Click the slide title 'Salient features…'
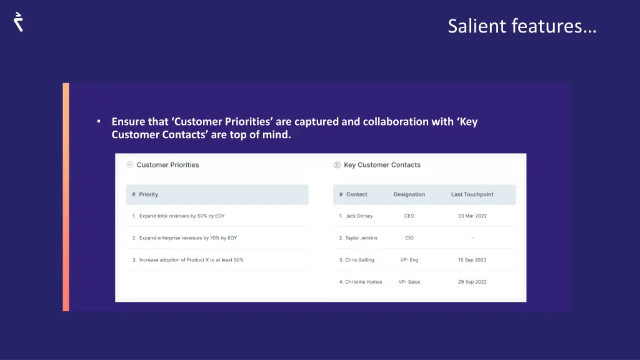(x=522, y=26)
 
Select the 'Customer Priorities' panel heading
(x=167, y=165)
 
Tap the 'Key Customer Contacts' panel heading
(x=382, y=165)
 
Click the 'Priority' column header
(x=148, y=194)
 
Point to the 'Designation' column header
(x=409, y=194)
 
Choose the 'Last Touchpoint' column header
(x=472, y=194)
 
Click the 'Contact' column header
(x=356, y=194)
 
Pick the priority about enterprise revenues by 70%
(x=187, y=238)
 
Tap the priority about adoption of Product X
(x=191, y=260)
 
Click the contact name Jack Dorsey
(x=359, y=216)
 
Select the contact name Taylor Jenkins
(x=361, y=238)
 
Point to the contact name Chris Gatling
(x=359, y=260)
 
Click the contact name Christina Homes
(x=364, y=282)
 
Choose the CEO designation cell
(x=409, y=216)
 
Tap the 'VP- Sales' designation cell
(x=409, y=282)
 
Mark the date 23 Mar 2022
(x=472, y=216)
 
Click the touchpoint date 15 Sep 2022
(x=472, y=260)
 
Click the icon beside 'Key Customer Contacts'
(x=337, y=165)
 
